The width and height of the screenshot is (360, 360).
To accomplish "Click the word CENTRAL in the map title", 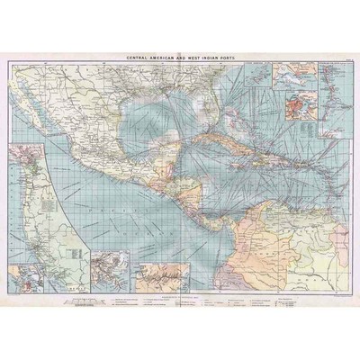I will [141, 57].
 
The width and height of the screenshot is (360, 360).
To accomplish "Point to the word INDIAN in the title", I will [201, 57].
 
